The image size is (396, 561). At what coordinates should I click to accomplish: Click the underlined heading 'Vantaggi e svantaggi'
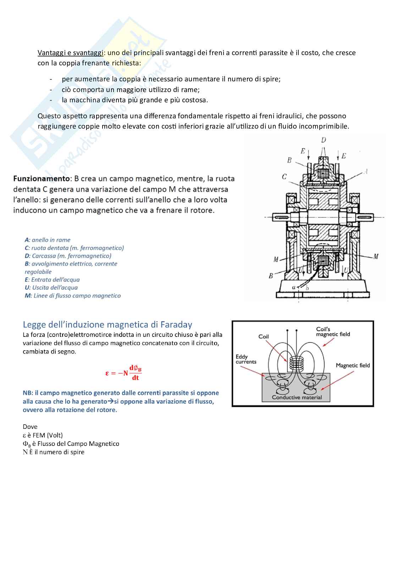click(70, 53)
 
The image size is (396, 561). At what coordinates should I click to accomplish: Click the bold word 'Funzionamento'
click(41, 178)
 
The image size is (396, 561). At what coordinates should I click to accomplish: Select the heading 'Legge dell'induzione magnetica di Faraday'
click(107, 324)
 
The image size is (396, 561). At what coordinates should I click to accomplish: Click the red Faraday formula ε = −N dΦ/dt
click(123, 373)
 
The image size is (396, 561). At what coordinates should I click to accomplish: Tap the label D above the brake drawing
click(323, 140)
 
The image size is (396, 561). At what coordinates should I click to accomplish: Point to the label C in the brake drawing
click(284, 177)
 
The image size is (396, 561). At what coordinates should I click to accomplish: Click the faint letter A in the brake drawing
click(365, 172)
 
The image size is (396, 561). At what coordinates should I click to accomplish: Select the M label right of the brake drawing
click(376, 257)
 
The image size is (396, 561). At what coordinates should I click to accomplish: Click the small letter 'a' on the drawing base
click(293, 287)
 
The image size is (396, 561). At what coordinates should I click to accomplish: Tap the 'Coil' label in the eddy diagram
click(264, 336)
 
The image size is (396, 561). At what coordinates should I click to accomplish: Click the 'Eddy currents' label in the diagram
click(246, 359)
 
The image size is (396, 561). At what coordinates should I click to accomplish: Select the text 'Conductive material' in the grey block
click(297, 397)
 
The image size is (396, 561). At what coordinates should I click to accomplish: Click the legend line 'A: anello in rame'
click(48, 240)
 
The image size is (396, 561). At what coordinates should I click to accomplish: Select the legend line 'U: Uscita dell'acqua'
click(51, 288)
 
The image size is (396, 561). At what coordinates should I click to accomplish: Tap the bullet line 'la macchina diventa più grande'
click(135, 100)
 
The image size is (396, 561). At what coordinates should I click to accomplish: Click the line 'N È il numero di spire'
click(54, 452)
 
